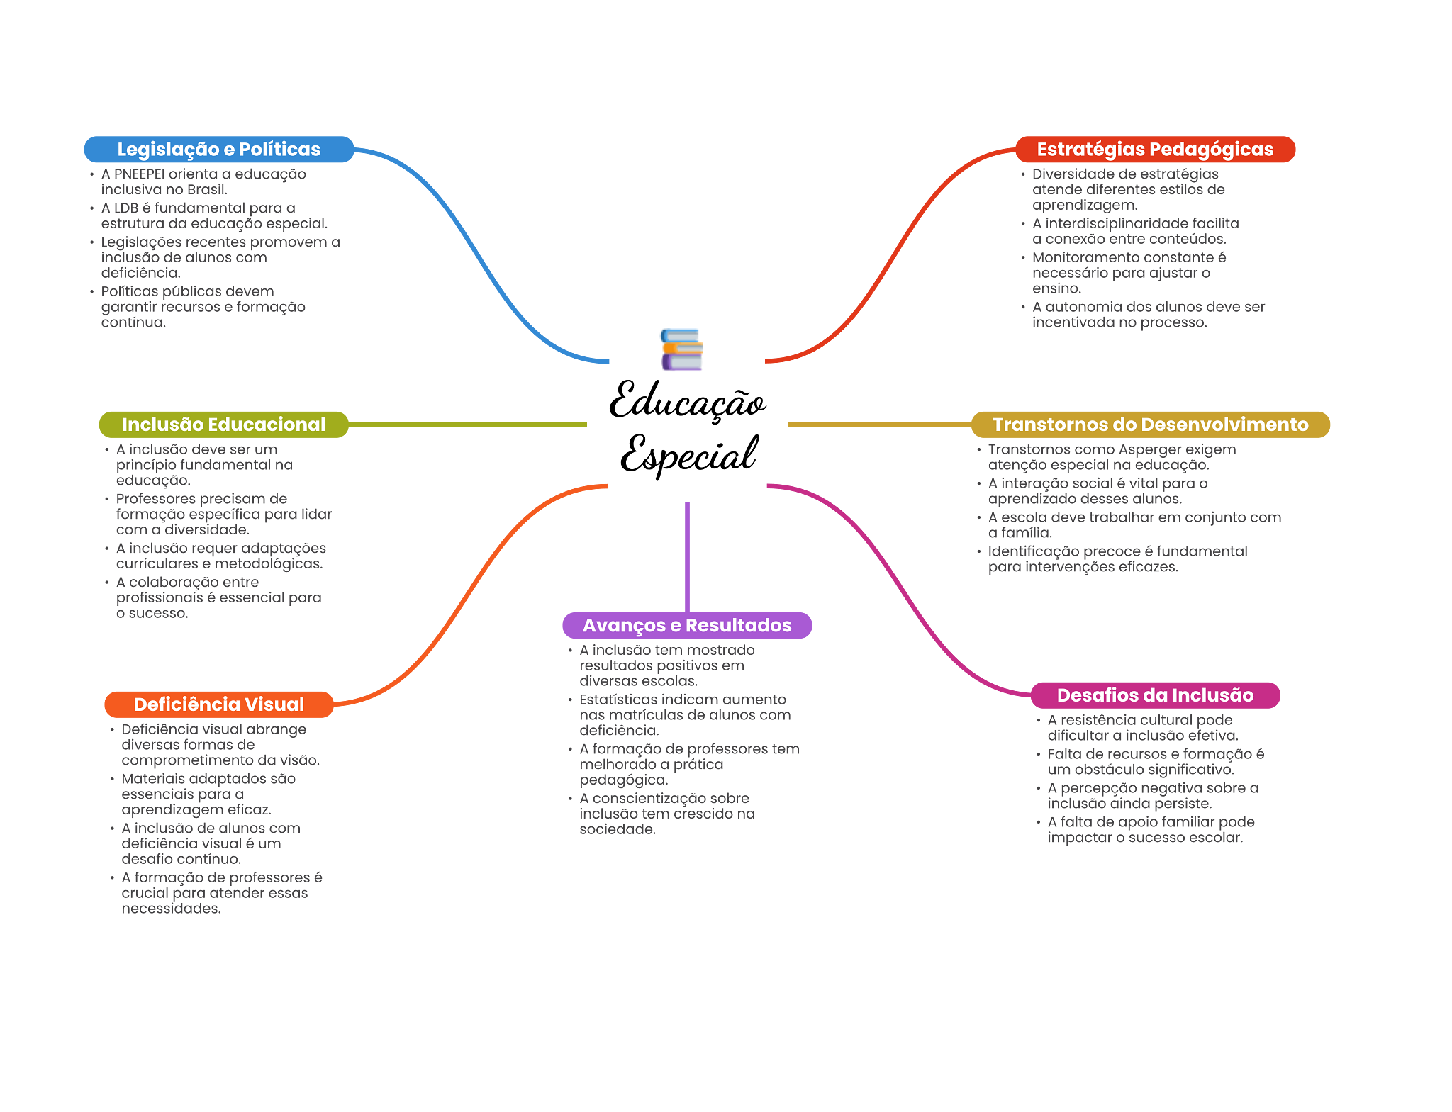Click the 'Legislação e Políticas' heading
pos(218,150)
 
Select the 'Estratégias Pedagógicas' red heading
pos(1155,150)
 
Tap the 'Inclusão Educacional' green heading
pos(223,425)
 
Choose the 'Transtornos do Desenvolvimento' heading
pos(1150,425)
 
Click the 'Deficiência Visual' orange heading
pos(218,704)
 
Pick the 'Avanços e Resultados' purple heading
pos(687,626)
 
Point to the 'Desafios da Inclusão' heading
pos(1155,695)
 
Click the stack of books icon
pos(681,349)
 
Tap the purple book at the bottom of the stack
pos(681,363)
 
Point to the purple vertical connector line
pos(687,556)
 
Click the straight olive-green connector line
pos(468,425)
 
